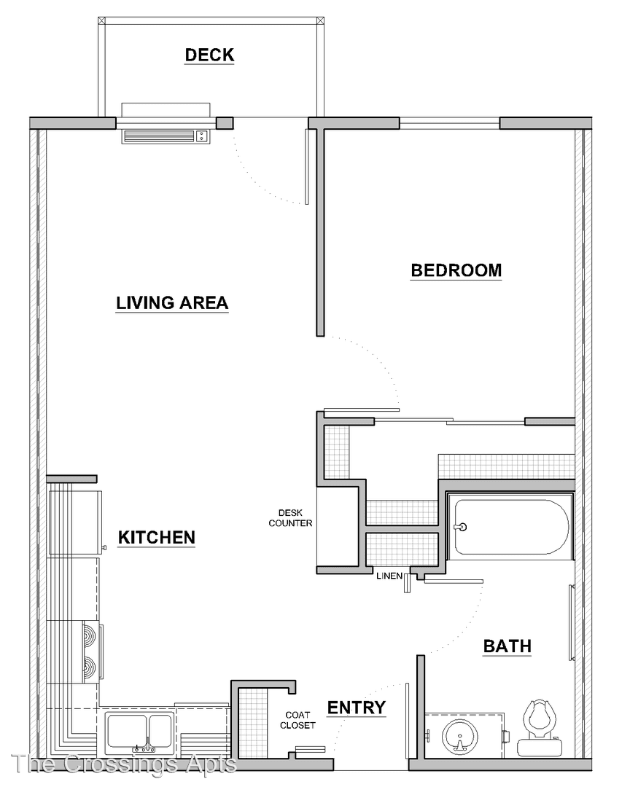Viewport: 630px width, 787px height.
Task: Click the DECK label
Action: pos(209,55)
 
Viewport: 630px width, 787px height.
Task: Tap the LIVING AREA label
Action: pos(172,302)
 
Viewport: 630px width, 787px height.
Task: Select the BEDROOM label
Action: pos(456,270)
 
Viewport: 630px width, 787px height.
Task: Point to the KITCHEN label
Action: pos(157,537)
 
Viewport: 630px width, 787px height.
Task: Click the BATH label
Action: pos(507,646)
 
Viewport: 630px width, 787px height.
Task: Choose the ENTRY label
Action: pos(357,707)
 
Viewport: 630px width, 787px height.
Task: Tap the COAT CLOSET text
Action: pos(298,720)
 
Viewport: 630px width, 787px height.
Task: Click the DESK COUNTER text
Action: pos(290,518)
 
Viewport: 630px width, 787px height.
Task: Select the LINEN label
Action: pos(389,576)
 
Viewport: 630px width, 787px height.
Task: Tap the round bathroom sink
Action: pos(459,737)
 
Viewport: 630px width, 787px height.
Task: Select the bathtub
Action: pos(510,527)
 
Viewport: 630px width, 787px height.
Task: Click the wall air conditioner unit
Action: pos(166,136)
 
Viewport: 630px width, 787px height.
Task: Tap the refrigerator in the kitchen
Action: pos(75,523)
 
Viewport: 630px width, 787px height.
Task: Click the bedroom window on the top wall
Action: pos(450,123)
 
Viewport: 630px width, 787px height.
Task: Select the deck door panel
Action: pos(306,167)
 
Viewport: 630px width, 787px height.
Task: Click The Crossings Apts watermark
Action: pos(124,764)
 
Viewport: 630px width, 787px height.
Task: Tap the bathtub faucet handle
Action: pos(461,527)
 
